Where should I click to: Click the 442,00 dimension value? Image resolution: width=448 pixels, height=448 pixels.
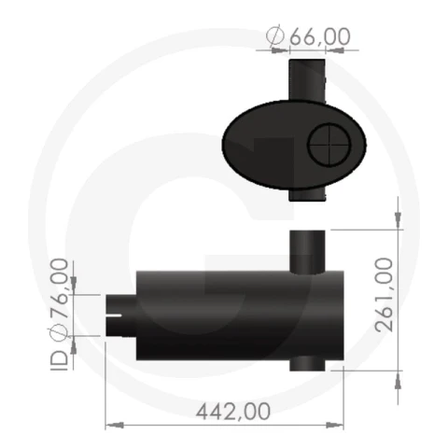click(x=233, y=412)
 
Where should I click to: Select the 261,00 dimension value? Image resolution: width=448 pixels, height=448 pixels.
click(x=384, y=295)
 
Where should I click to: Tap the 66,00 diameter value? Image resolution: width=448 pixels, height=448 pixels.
click(x=320, y=36)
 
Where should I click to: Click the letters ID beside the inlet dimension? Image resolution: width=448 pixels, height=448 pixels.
click(x=59, y=361)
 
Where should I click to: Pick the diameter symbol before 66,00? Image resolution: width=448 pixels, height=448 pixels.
click(x=275, y=35)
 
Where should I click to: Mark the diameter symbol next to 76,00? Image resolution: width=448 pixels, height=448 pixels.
click(x=58, y=332)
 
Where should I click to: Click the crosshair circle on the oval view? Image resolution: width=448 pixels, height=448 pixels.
click(x=329, y=145)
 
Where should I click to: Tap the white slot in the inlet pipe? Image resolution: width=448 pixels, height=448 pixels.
click(x=114, y=315)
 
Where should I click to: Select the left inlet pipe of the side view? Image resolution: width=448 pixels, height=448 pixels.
click(x=121, y=315)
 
